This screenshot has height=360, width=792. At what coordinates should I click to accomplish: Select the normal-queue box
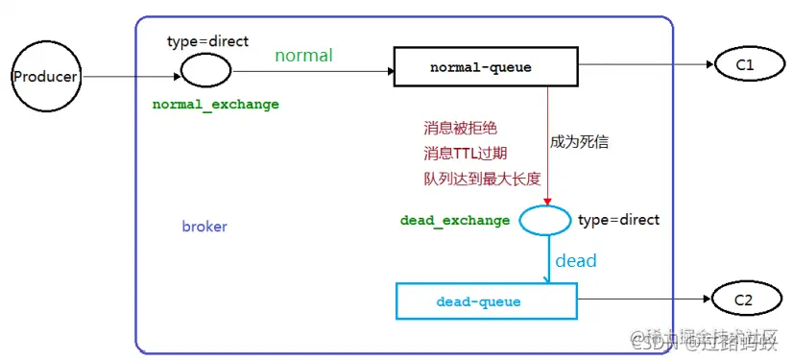(480, 68)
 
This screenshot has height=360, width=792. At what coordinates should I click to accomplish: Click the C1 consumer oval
(745, 64)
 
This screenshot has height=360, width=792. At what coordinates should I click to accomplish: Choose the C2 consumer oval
(743, 300)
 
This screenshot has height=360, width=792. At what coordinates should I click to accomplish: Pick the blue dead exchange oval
(545, 221)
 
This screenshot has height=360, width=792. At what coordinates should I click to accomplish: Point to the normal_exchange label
(216, 105)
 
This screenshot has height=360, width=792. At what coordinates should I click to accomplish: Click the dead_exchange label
(455, 221)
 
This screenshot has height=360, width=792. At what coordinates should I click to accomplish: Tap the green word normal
(303, 56)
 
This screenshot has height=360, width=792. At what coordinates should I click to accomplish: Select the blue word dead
(575, 261)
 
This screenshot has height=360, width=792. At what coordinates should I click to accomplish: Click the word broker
(204, 228)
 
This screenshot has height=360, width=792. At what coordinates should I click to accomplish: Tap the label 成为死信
(580, 142)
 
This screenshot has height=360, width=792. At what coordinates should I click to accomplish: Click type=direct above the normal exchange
(208, 41)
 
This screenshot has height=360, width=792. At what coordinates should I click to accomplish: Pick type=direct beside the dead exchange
(619, 220)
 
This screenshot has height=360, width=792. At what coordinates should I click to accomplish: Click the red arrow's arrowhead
(547, 201)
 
